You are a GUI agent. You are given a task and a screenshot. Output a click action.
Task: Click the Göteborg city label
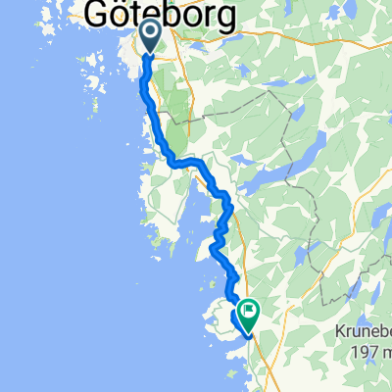pos(162,14)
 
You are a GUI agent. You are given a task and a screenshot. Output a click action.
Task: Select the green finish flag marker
pos(247,316)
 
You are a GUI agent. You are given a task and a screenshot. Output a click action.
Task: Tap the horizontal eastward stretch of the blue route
pos(186,161)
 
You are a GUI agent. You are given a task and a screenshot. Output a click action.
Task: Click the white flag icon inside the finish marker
pos(248,314)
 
